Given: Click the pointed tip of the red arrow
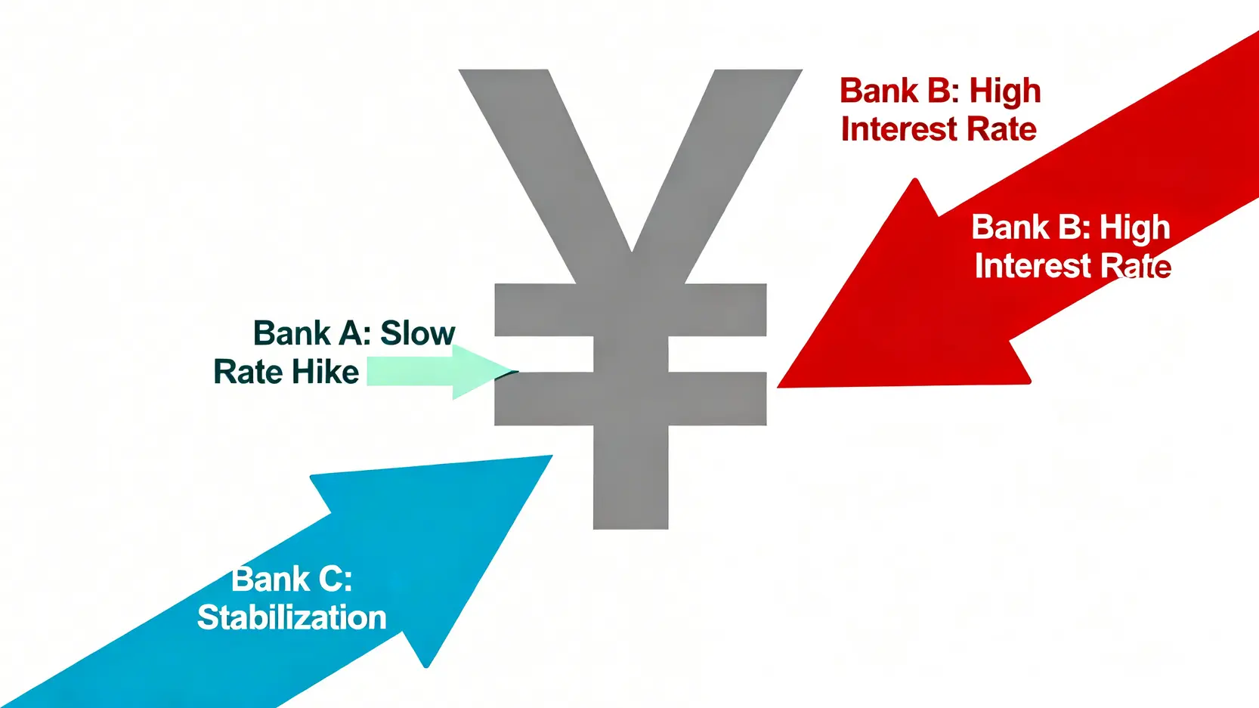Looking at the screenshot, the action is click(x=778, y=387).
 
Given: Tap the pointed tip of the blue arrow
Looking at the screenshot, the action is click(x=552, y=456).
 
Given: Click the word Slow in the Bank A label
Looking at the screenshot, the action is click(x=418, y=333).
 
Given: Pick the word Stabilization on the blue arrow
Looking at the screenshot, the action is click(x=292, y=617).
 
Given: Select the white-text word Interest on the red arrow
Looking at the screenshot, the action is click(x=1033, y=265).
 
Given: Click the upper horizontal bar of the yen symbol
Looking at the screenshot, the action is click(x=630, y=310).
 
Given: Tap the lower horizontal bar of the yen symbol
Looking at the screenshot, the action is click(x=630, y=398).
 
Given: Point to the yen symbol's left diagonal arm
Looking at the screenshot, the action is click(x=545, y=168).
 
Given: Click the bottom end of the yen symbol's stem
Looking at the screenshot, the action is click(x=630, y=527).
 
